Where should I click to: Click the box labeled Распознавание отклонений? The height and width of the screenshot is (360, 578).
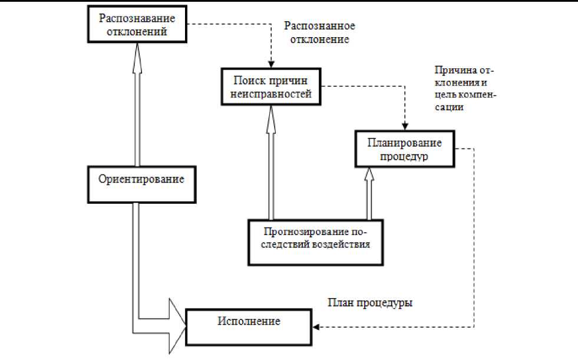[138, 25]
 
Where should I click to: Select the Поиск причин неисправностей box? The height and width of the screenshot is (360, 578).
[270, 86]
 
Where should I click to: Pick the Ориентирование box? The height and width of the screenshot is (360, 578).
[141, 183]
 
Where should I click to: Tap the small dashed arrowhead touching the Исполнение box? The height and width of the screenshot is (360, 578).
[316, 326]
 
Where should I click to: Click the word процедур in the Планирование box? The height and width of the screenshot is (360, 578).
[405, 157]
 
